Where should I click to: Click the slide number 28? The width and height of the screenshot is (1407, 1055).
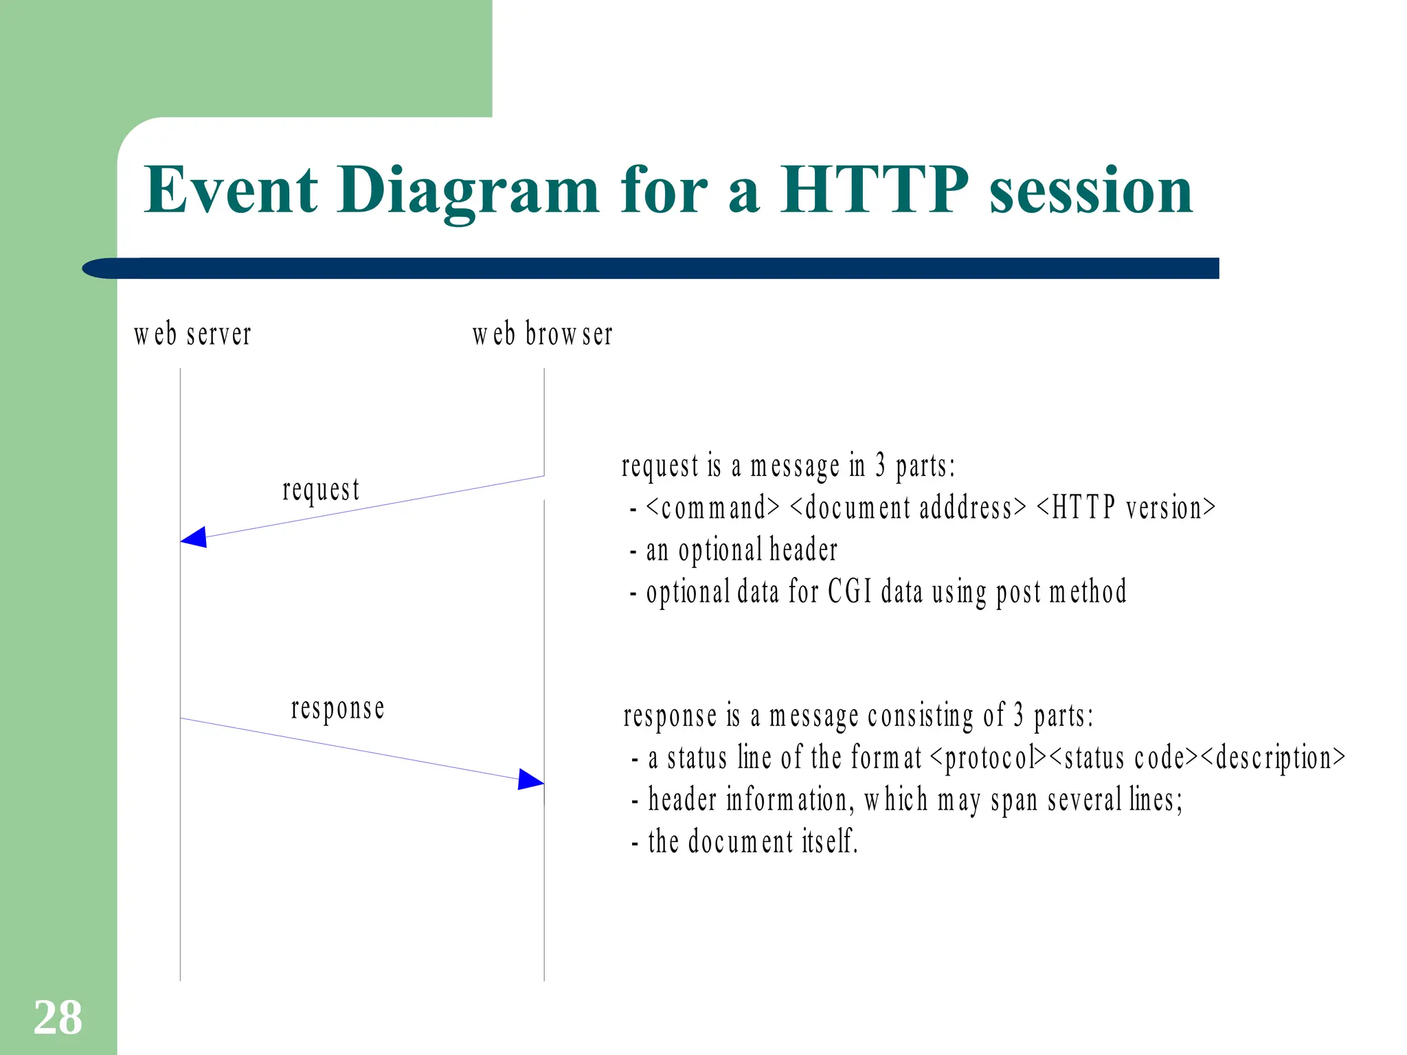tap(58, 1017)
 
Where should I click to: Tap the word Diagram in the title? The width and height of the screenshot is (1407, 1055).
tap(469, 191)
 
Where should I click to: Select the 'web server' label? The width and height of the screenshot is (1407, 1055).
tap(192, 334)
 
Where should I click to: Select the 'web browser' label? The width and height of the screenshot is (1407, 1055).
tap(542, 334)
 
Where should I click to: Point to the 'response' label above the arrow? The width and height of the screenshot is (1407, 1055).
tap(337, 709)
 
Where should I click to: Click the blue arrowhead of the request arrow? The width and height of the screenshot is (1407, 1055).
tap(194, 538)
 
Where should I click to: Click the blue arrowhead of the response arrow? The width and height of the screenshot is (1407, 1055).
tap(530, 780)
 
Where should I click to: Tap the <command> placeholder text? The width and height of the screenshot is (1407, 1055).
tap(712, 508)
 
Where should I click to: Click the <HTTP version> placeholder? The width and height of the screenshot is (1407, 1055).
tap(1126, 508)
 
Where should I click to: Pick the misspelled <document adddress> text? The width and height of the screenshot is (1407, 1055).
tap(908, 508)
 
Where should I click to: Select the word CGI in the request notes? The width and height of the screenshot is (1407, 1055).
tap(849, 592)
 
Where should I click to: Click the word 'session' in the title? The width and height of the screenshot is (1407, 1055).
tap(1090, 191)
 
